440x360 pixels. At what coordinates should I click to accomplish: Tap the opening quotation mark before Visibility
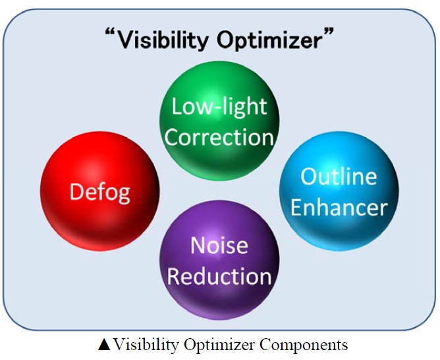click(111, 32)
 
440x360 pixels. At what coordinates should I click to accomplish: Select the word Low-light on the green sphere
click(219, 107)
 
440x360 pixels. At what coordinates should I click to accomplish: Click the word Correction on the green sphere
click(219, 137)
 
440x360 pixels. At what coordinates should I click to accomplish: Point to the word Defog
click(100, 193)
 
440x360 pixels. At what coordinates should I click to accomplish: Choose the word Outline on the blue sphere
click(339, 176)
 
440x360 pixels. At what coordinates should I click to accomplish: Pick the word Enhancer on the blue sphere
click(339, 207)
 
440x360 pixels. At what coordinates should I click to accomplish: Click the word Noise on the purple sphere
click(219, 246)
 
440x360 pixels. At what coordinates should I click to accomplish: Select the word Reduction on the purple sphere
click(219, 276)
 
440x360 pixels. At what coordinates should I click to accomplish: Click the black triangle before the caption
click(104, 345)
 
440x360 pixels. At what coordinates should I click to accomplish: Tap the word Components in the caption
click(304, 345)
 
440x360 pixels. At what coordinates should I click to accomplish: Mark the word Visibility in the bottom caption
click(146, 344)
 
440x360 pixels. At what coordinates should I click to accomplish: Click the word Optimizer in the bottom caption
click(219, 345)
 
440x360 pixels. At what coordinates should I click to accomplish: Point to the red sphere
click(100, 191)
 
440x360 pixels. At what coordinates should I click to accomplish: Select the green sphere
click(219, 121)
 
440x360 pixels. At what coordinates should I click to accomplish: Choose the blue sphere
click(339, 191)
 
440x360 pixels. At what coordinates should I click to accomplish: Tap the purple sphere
click(219, 260)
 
